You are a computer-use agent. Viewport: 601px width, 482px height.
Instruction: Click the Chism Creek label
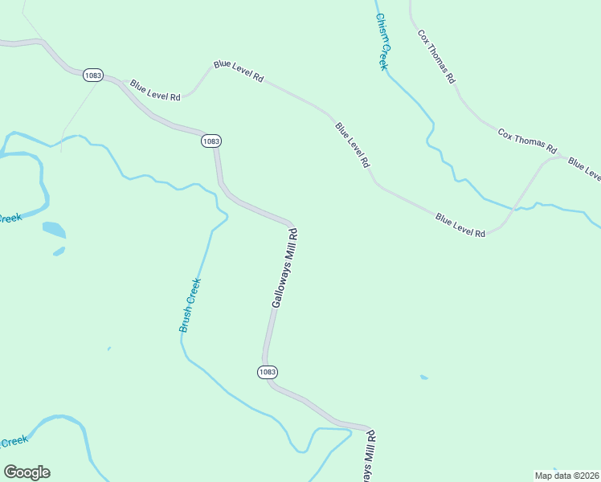(382, 43)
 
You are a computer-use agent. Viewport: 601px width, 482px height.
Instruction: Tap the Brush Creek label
(190, 305)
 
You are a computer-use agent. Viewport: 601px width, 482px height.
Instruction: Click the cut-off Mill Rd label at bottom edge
(370, 457)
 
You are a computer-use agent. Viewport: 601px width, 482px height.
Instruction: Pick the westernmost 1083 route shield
(92, 75)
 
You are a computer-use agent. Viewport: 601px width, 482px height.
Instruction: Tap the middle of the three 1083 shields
(211, 141)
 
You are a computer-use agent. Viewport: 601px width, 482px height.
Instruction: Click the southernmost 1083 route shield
(268, 372)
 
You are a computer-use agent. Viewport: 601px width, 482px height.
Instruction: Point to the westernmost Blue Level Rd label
(155, 90)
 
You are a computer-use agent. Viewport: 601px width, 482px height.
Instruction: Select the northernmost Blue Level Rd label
(239, 71)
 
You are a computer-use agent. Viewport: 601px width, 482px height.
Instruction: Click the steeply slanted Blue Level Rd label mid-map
(353, 144)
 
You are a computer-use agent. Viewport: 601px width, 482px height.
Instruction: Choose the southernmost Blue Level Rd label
(460, 224)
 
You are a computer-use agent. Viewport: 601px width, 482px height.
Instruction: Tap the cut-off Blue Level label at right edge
(584, 169)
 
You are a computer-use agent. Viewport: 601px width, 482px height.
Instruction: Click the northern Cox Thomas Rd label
(436, 57)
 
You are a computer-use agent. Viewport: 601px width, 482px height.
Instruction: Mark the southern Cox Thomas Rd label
(527, 141)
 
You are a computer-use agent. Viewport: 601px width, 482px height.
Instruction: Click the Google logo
(27, 472)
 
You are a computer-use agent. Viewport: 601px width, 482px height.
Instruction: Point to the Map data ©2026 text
(566, 475)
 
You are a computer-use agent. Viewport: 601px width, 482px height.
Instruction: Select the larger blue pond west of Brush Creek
(54, 230)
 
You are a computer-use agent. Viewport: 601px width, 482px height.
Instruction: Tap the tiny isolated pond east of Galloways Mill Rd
(423, 377)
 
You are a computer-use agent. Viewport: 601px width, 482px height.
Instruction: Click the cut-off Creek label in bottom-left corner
(14, 441)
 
